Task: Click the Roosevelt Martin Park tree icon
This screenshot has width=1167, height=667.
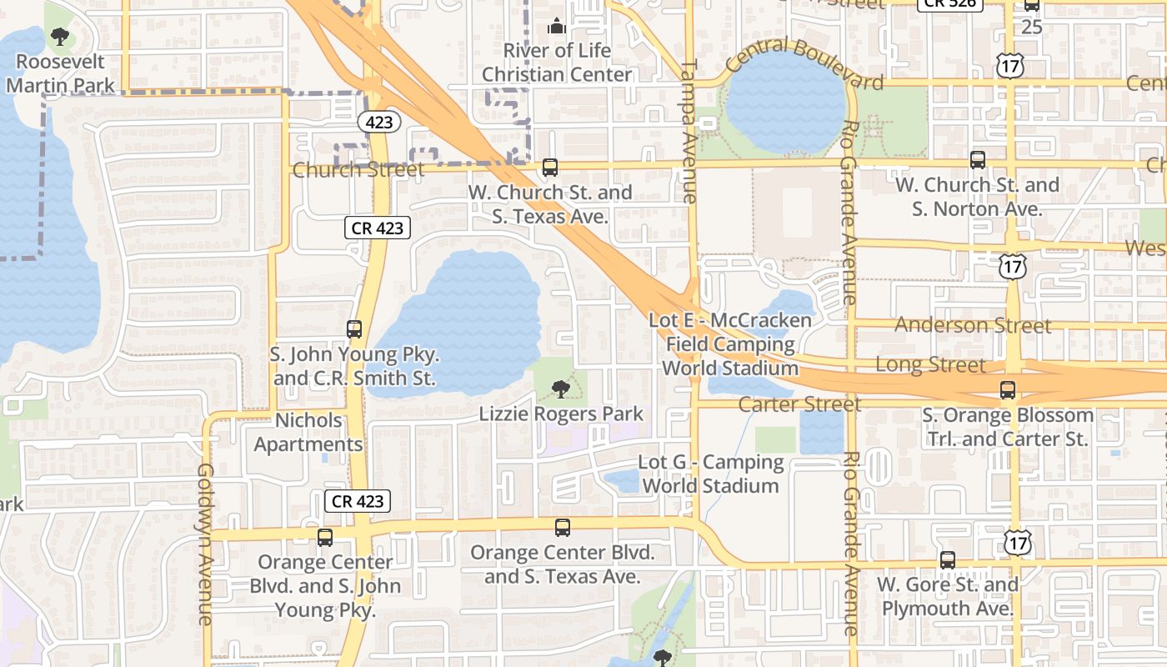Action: click(59, 36)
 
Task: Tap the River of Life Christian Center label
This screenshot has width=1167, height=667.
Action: click(557, 63)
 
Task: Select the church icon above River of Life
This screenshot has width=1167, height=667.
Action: click(557, 26)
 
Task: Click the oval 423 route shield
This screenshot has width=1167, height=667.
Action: click(380, 122)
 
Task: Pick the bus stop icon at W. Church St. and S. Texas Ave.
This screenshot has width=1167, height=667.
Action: click(550, 168)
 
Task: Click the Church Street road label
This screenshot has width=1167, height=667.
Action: click(358, 170)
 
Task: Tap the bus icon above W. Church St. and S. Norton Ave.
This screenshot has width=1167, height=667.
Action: click(978, 159)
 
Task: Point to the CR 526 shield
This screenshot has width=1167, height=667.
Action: click(950, 3)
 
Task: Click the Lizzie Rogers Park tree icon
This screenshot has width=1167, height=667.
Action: click(561, 389)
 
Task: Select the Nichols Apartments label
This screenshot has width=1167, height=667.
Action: click(308, 432)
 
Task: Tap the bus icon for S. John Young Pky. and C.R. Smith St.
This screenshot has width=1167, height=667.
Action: click(354, 329)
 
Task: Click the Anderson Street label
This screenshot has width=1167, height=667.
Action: click(973, 325)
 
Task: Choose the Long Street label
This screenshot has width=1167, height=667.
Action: click(929, 364)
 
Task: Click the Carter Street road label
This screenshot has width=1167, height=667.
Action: click(799, 404)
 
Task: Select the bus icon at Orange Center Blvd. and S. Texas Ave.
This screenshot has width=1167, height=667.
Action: click(563, 527)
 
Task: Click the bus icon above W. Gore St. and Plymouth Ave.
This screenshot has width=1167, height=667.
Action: click(948, 560)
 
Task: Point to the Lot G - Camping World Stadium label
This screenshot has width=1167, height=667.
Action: click(711, 474)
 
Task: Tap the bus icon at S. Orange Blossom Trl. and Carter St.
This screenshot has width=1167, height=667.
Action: click(1008, 389)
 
